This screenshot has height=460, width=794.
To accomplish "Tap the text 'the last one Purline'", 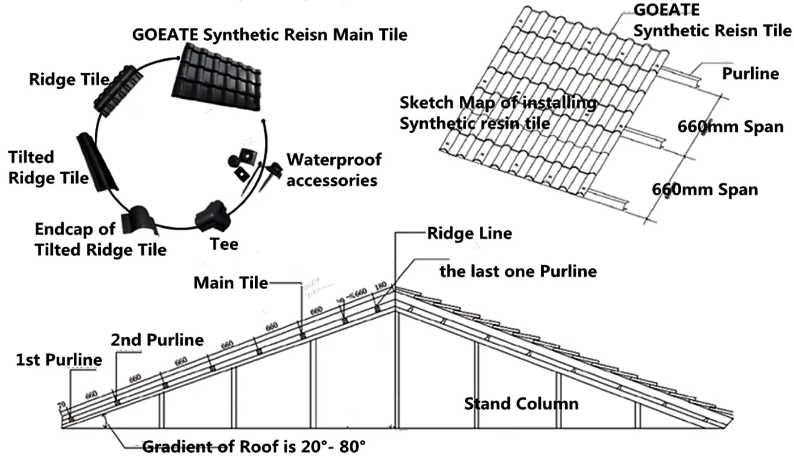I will tap(518, 271).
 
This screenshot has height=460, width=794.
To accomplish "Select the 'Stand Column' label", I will tap(521, 404).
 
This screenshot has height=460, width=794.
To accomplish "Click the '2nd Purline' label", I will tap(157, 340).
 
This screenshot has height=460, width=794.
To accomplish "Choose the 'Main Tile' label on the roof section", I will tap(231, 282).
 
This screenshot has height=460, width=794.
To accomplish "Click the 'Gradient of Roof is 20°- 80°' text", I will tap(254, 446).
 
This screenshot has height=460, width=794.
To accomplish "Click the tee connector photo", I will tap(212, 216).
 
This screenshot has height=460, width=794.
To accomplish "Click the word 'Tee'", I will tap(224, 244).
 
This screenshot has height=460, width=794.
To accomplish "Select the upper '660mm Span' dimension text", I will tap(730, 127).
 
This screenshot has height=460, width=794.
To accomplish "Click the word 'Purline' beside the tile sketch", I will tap(750, 73).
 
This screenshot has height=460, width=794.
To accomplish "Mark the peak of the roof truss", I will tap(395, 289).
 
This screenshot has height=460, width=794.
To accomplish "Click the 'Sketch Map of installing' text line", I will tap(498, 103).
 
